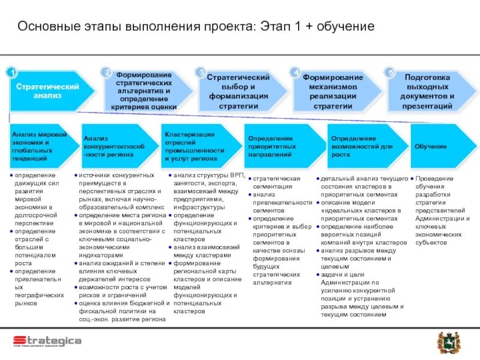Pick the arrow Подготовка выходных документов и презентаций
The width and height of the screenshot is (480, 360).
tap(427, 91)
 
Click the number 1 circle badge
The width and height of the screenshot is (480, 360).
tap(10, 72)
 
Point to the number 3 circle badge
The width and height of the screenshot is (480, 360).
tap(201, 72)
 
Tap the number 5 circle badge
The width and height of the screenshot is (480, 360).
tap(391, 72)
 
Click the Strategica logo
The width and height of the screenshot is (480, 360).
tap(47, 341)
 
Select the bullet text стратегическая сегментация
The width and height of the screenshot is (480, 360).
tap(276, 182)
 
